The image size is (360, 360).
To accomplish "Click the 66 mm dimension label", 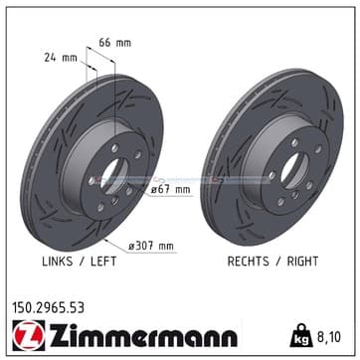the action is point(115,43).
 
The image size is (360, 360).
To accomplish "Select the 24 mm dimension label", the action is point(61,58).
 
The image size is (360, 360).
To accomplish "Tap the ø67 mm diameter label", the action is point(170,190).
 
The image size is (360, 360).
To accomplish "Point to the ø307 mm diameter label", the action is point(151,246).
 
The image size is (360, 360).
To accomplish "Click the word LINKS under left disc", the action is point(58,262).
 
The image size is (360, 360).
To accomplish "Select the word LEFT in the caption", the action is point(103,262).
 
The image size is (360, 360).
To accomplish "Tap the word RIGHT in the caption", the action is point(302,262).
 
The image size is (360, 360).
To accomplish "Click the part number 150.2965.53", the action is point(49,308).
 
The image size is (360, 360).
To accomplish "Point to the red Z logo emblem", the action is point(29,335).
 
